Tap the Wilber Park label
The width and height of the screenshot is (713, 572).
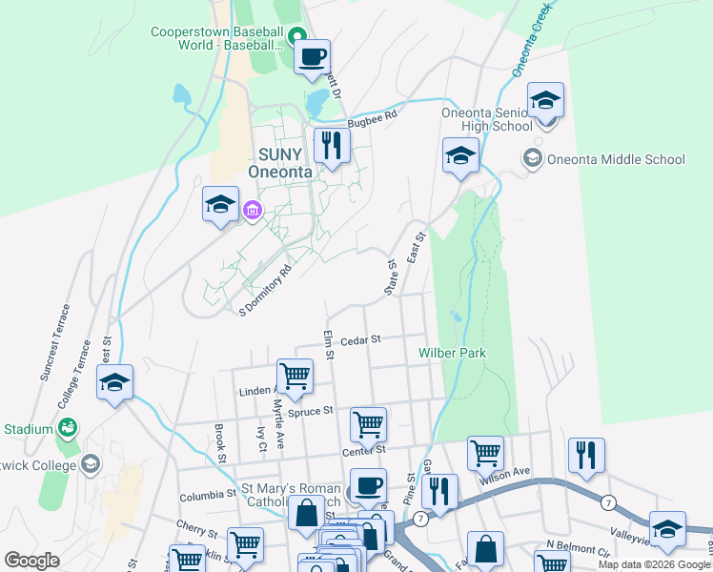click(x=453, y=353)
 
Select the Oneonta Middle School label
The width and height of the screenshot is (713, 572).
click(x=615, y=159)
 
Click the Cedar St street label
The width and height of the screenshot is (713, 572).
click(x=360, y=339)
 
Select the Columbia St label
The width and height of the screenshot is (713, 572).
click(x=207, y=496)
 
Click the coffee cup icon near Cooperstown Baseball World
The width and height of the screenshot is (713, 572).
click(x=312, y=58)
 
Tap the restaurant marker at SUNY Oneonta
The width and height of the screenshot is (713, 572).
click(x=332, y=146)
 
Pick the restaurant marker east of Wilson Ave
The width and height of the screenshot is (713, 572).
click(x=584, y=456)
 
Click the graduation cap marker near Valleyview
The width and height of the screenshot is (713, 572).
click(x=667, y=529)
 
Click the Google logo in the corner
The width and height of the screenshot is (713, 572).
click(x=31, y=561)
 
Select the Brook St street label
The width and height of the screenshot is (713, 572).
click(x=220, y=442)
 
